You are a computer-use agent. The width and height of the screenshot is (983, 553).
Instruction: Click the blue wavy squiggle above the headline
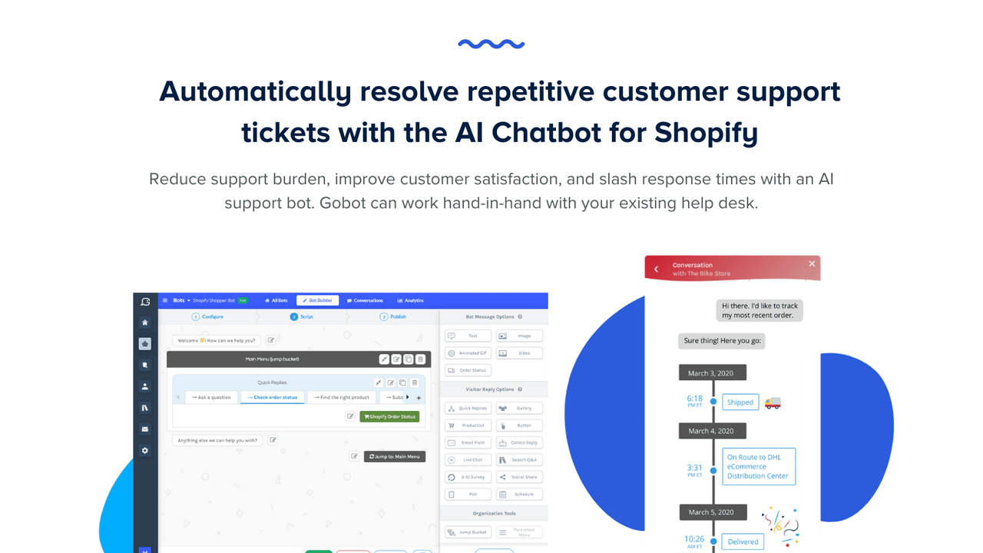click(x=491, y=44)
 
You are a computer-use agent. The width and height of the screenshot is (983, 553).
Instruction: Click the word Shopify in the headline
click(x=706, y=132)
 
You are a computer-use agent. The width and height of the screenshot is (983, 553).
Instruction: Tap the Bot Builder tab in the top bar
click(x=317, y=300)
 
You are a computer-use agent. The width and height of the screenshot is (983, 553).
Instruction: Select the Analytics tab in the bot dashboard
click(x=410, y=300)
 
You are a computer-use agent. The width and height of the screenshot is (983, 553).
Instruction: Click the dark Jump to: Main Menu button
click(x=395, y=456)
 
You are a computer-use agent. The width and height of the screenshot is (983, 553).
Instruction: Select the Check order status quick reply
click(x=273, y=397)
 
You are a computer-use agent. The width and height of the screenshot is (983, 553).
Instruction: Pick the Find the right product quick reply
click(x=341, y=397)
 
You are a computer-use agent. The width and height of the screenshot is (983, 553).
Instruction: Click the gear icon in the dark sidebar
click(x=144, y=451)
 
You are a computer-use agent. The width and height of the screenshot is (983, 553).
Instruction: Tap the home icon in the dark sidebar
click(x=144, y=323)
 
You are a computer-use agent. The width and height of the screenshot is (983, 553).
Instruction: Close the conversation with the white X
click(x=812, y=263)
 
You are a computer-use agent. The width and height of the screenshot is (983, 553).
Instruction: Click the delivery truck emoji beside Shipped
click(x=773, y=402)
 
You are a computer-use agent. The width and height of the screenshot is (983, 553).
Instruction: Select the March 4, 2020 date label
click(x=712, y=431)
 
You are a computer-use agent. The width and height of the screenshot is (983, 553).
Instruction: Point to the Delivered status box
click(x=743, y=541)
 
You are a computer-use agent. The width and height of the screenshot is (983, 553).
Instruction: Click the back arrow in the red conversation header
click(x=656, y=269)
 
